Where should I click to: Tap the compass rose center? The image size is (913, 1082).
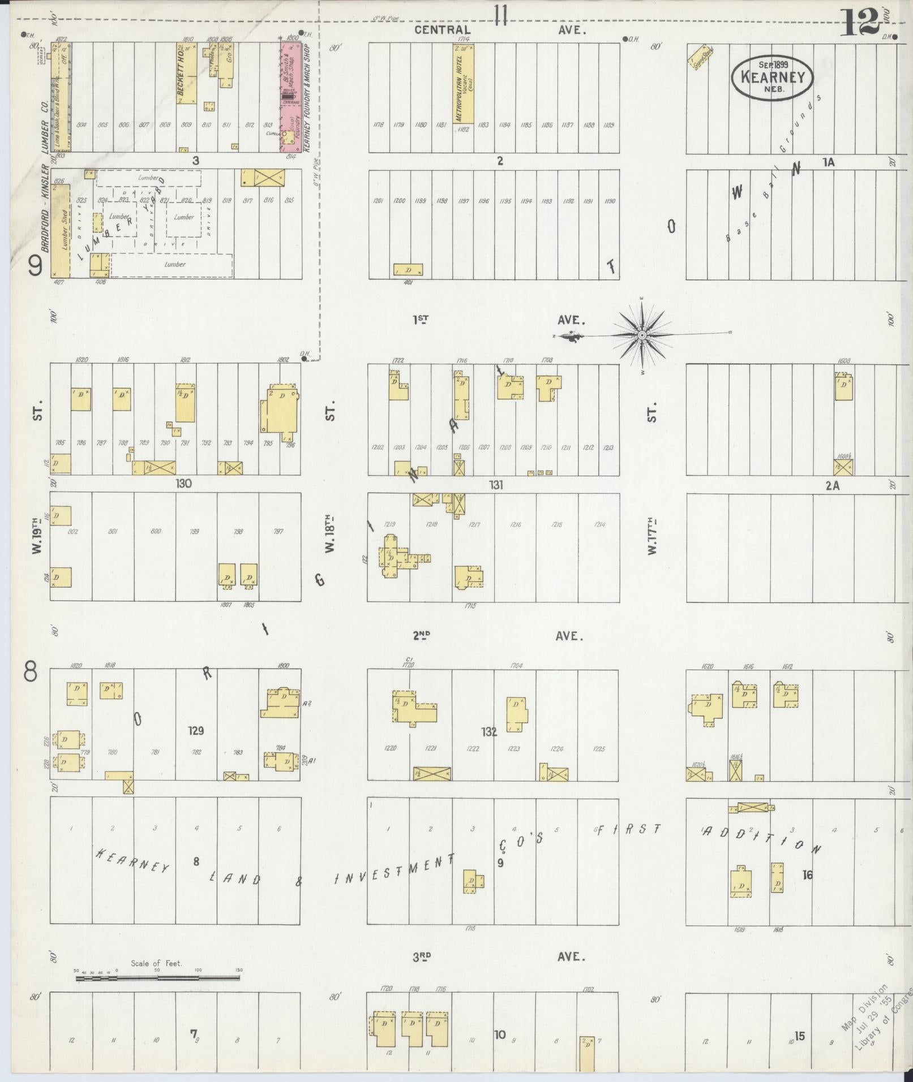(x=642, y=336)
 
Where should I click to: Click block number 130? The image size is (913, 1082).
(x=184, y=484)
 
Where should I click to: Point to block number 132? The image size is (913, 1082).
(x=488, y=732)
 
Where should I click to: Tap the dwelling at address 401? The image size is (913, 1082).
(x=408, y=270)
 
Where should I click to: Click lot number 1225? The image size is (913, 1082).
(x=598, y=749)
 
